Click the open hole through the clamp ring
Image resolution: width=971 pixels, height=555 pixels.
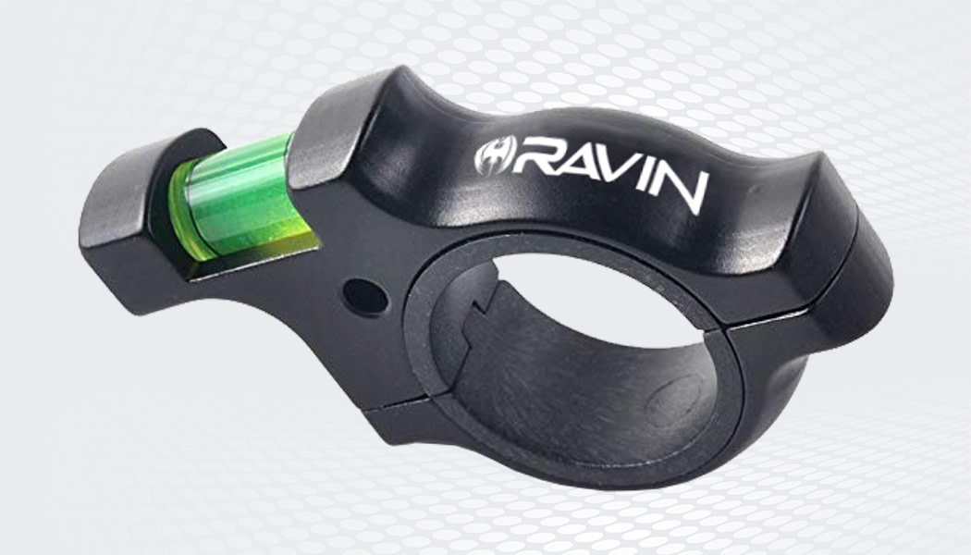pos(592,296)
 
